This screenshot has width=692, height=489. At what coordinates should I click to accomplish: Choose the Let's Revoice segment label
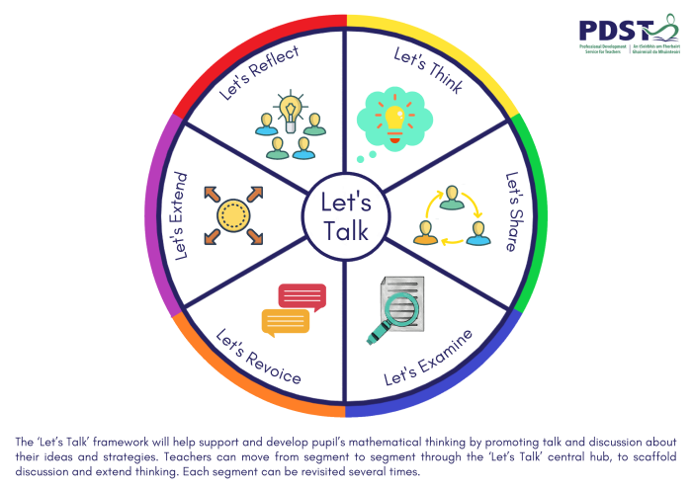point(258,357)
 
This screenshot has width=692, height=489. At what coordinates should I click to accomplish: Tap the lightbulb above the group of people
point(290,108)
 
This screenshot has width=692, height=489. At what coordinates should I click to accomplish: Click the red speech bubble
point(303,294)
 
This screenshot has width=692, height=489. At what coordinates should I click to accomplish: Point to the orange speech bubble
point(284,321)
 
